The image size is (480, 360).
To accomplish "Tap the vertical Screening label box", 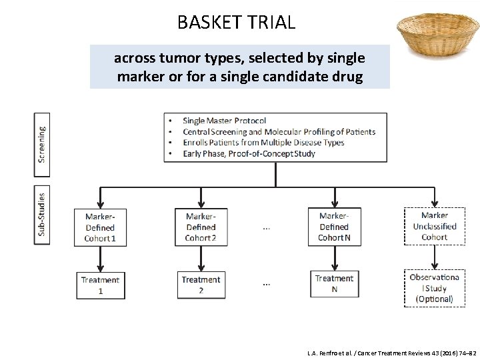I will pos(41,143).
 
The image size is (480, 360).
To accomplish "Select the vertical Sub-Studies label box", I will pos(41,213).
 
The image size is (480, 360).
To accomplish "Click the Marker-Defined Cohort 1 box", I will pos(100,227).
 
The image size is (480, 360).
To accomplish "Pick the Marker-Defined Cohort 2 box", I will pos(200,227).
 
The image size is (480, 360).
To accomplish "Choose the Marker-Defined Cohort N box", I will pos(333,227).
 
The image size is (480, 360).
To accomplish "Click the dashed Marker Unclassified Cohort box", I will pos(434,226).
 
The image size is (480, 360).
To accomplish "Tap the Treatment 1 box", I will pos(100,285).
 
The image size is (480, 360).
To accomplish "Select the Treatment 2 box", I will pos(201,285).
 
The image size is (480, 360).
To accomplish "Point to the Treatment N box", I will pos(334,283).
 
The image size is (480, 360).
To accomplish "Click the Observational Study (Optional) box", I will pos(434,288).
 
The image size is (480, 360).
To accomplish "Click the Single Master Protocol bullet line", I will pos(224,121).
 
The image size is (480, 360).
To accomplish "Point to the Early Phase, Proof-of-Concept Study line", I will pos(249,153).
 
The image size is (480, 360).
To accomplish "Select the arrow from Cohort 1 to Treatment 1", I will pos(100,259).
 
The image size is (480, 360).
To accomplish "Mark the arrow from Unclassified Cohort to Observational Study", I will pos(434,256).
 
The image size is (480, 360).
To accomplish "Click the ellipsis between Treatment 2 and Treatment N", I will pos(267,285).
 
